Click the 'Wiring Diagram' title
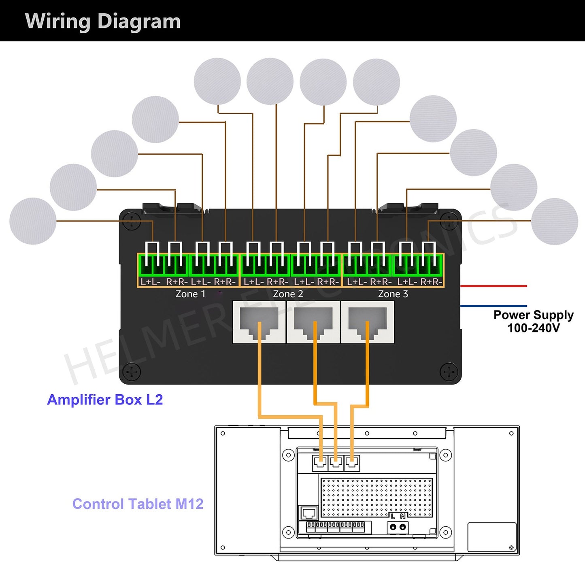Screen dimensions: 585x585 tap(103, 21)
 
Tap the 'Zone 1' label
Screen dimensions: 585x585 tap(190, 294)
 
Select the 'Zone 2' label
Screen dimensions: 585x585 tap(288, 294)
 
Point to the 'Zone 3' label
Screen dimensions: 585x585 tap(393, 294)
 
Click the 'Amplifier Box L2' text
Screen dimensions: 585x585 tap(105, 400)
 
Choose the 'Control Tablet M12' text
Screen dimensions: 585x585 tap(138, 504)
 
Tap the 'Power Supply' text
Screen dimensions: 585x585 tap(533, 315)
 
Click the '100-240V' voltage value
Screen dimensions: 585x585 tap(533, 328)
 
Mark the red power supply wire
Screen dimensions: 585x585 tap(494, 286)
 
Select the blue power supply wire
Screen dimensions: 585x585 tap(494, 306)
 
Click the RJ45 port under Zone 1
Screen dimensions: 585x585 tap(259, 322)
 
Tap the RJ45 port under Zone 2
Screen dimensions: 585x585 tap(313, 322)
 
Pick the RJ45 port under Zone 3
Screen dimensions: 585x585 tap(367, 322)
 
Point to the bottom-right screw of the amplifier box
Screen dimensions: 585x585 tap(449, 371)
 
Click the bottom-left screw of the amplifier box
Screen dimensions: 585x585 tap(132, 371)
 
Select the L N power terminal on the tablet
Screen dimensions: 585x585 tap(398, 527)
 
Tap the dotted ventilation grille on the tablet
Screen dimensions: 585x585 tap(377, 498)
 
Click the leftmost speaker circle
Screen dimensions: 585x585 tap(33, 221)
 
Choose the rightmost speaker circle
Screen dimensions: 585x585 tap(554, 221)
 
